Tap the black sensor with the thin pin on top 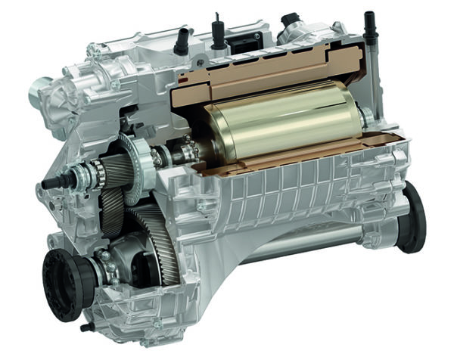[x=218, y=30]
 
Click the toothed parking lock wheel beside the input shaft [x=136, y=160]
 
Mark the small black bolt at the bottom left [x=86, y=327]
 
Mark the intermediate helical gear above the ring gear [x=113, y=204]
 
